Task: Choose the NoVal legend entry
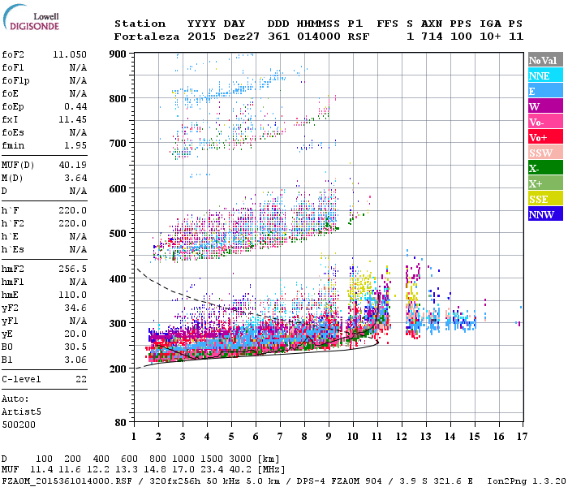(542, 60)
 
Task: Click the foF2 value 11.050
(71, 54)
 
